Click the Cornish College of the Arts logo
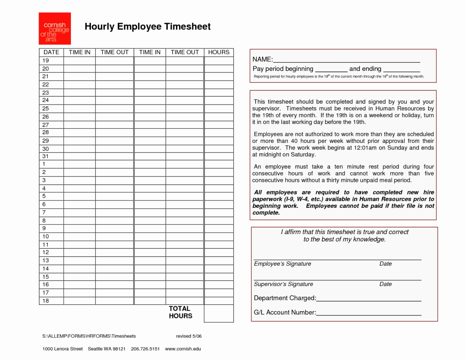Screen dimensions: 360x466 [x=55, y=29]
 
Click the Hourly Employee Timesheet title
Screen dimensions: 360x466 [x=147, y=26]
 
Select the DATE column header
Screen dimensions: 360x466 [x=51, y=52]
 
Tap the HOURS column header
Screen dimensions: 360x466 [x=219, y=52]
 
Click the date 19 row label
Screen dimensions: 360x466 [x=46, y=60]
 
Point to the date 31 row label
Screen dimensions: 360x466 [x=45, y=156]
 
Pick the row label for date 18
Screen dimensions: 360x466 [x=45, y=301]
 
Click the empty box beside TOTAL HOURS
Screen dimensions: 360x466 [x=219, y=313]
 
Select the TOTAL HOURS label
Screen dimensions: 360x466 [x=180, y=312]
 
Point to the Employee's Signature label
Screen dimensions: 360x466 [x=283, y=264]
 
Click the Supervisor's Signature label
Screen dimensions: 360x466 [x=283, y=284]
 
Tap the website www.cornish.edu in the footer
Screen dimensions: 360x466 [x=183, y=349]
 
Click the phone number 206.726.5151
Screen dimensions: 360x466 [x=145, y=349]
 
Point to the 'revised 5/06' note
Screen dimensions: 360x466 [x=189, y=336]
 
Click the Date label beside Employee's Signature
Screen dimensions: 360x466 [x=385, y=264]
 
